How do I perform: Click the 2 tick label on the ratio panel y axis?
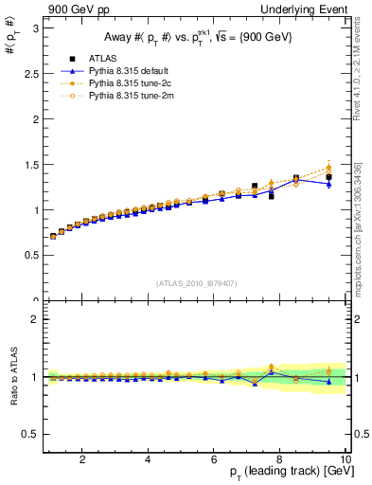(x=33, y=319)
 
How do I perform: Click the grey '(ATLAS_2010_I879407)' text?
(x=196, y=282)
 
